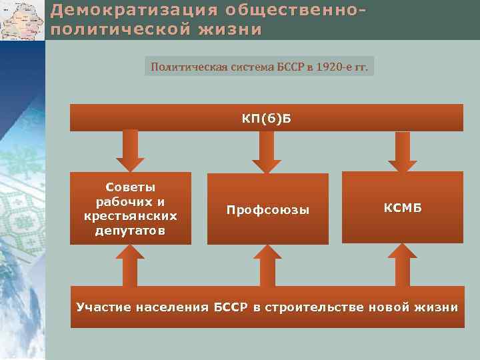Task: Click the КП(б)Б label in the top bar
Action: coord(267,119)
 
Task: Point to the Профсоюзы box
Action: coord(267,209)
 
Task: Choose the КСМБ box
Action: coord(402,207)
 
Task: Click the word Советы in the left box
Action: coord(131,187)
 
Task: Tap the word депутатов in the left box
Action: coord(131,231)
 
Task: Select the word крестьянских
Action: coord(131,216)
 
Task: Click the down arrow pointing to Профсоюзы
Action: coord(267,151)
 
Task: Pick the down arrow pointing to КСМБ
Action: coord(403,151)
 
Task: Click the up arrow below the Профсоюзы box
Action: coord(267,265)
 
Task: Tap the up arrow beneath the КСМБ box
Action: coord(403,265)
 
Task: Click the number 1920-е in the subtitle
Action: coord(331,67)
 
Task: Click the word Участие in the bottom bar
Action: coord(103,307)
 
